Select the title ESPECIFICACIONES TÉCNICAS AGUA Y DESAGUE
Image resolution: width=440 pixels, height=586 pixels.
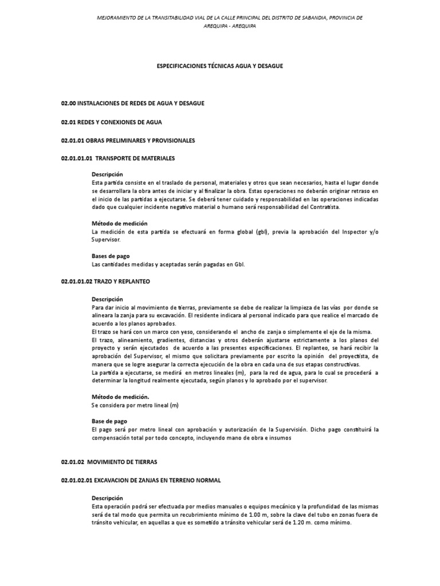(x=220, y=66)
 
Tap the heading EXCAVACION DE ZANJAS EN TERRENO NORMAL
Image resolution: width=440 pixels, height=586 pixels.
(x=158, y=480)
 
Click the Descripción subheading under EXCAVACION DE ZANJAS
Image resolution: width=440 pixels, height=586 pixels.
(x=107, y=498)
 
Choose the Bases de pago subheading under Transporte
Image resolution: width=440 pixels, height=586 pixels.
(x=111, y=257)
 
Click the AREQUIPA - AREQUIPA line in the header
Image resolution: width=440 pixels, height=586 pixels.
(x=220, y=26)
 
